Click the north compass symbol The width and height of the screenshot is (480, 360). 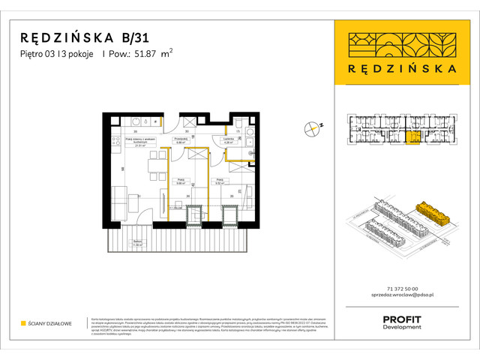313,128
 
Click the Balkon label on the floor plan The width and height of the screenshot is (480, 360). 137,242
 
